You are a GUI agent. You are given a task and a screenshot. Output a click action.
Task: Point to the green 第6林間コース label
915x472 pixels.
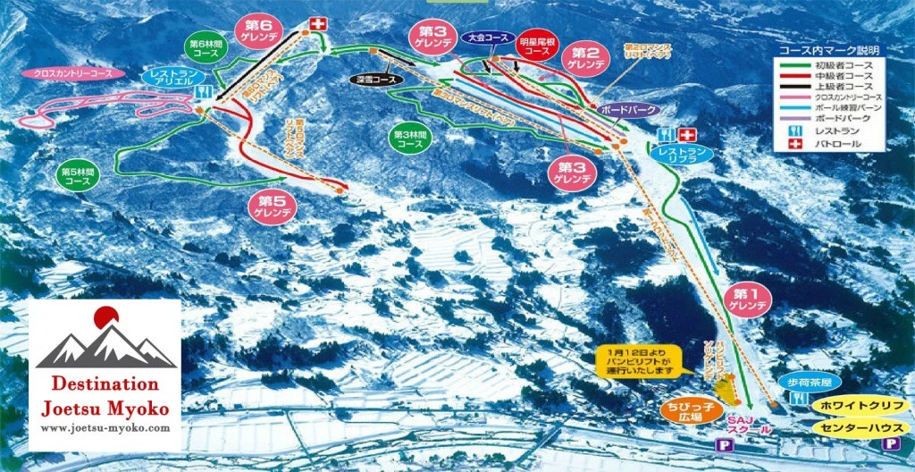[x=205, y=46]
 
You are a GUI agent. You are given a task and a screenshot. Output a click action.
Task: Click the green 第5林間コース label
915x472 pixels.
[x=79, y=175]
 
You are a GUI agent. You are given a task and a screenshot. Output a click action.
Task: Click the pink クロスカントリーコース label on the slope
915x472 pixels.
[x=59, y=73]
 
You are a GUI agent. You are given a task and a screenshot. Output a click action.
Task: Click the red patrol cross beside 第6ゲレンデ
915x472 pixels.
[x=315, y=23]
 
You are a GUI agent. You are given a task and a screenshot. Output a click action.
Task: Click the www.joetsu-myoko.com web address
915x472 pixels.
[x=105, y=429]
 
